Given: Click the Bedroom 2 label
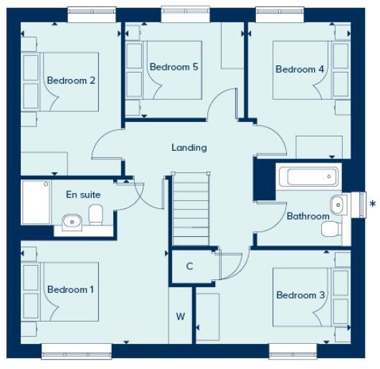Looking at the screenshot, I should [71, 80].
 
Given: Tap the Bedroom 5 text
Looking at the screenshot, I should [174, 67].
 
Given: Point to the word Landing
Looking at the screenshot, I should [189, 147].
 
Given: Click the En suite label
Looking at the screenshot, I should [83, 195].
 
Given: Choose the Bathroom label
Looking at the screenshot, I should [308, 215].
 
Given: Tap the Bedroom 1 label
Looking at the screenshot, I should [71, 289].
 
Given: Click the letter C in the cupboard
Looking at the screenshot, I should [189, 266].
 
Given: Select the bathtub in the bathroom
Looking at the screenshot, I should [308, 177].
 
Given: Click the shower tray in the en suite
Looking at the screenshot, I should [36, 202].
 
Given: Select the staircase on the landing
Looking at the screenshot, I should [190, 208].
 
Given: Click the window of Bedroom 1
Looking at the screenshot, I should [76, 351].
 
